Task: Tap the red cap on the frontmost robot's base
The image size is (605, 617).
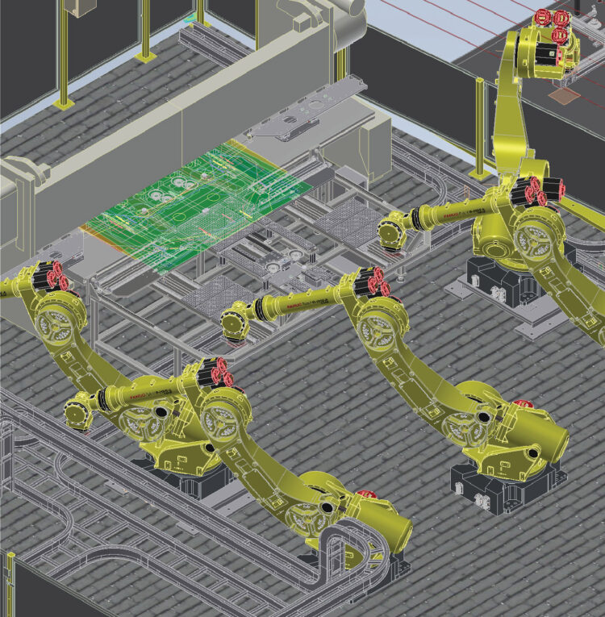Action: pyautogui.click(x=366, y=494)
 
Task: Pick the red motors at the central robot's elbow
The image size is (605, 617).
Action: pyautogui.click(x=372, y=284)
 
